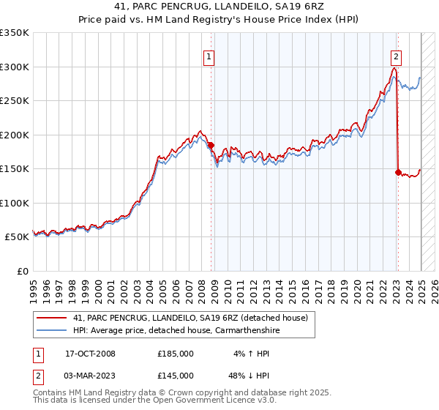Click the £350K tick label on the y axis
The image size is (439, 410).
(15, 34)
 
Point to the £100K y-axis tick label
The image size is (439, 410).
(15, 203)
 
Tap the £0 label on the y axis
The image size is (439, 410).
(21, 271)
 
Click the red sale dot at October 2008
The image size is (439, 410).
(211, 146)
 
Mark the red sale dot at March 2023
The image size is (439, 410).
(398, 173)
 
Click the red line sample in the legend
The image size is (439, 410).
(52, 318)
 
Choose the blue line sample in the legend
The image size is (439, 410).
(52, 330)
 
